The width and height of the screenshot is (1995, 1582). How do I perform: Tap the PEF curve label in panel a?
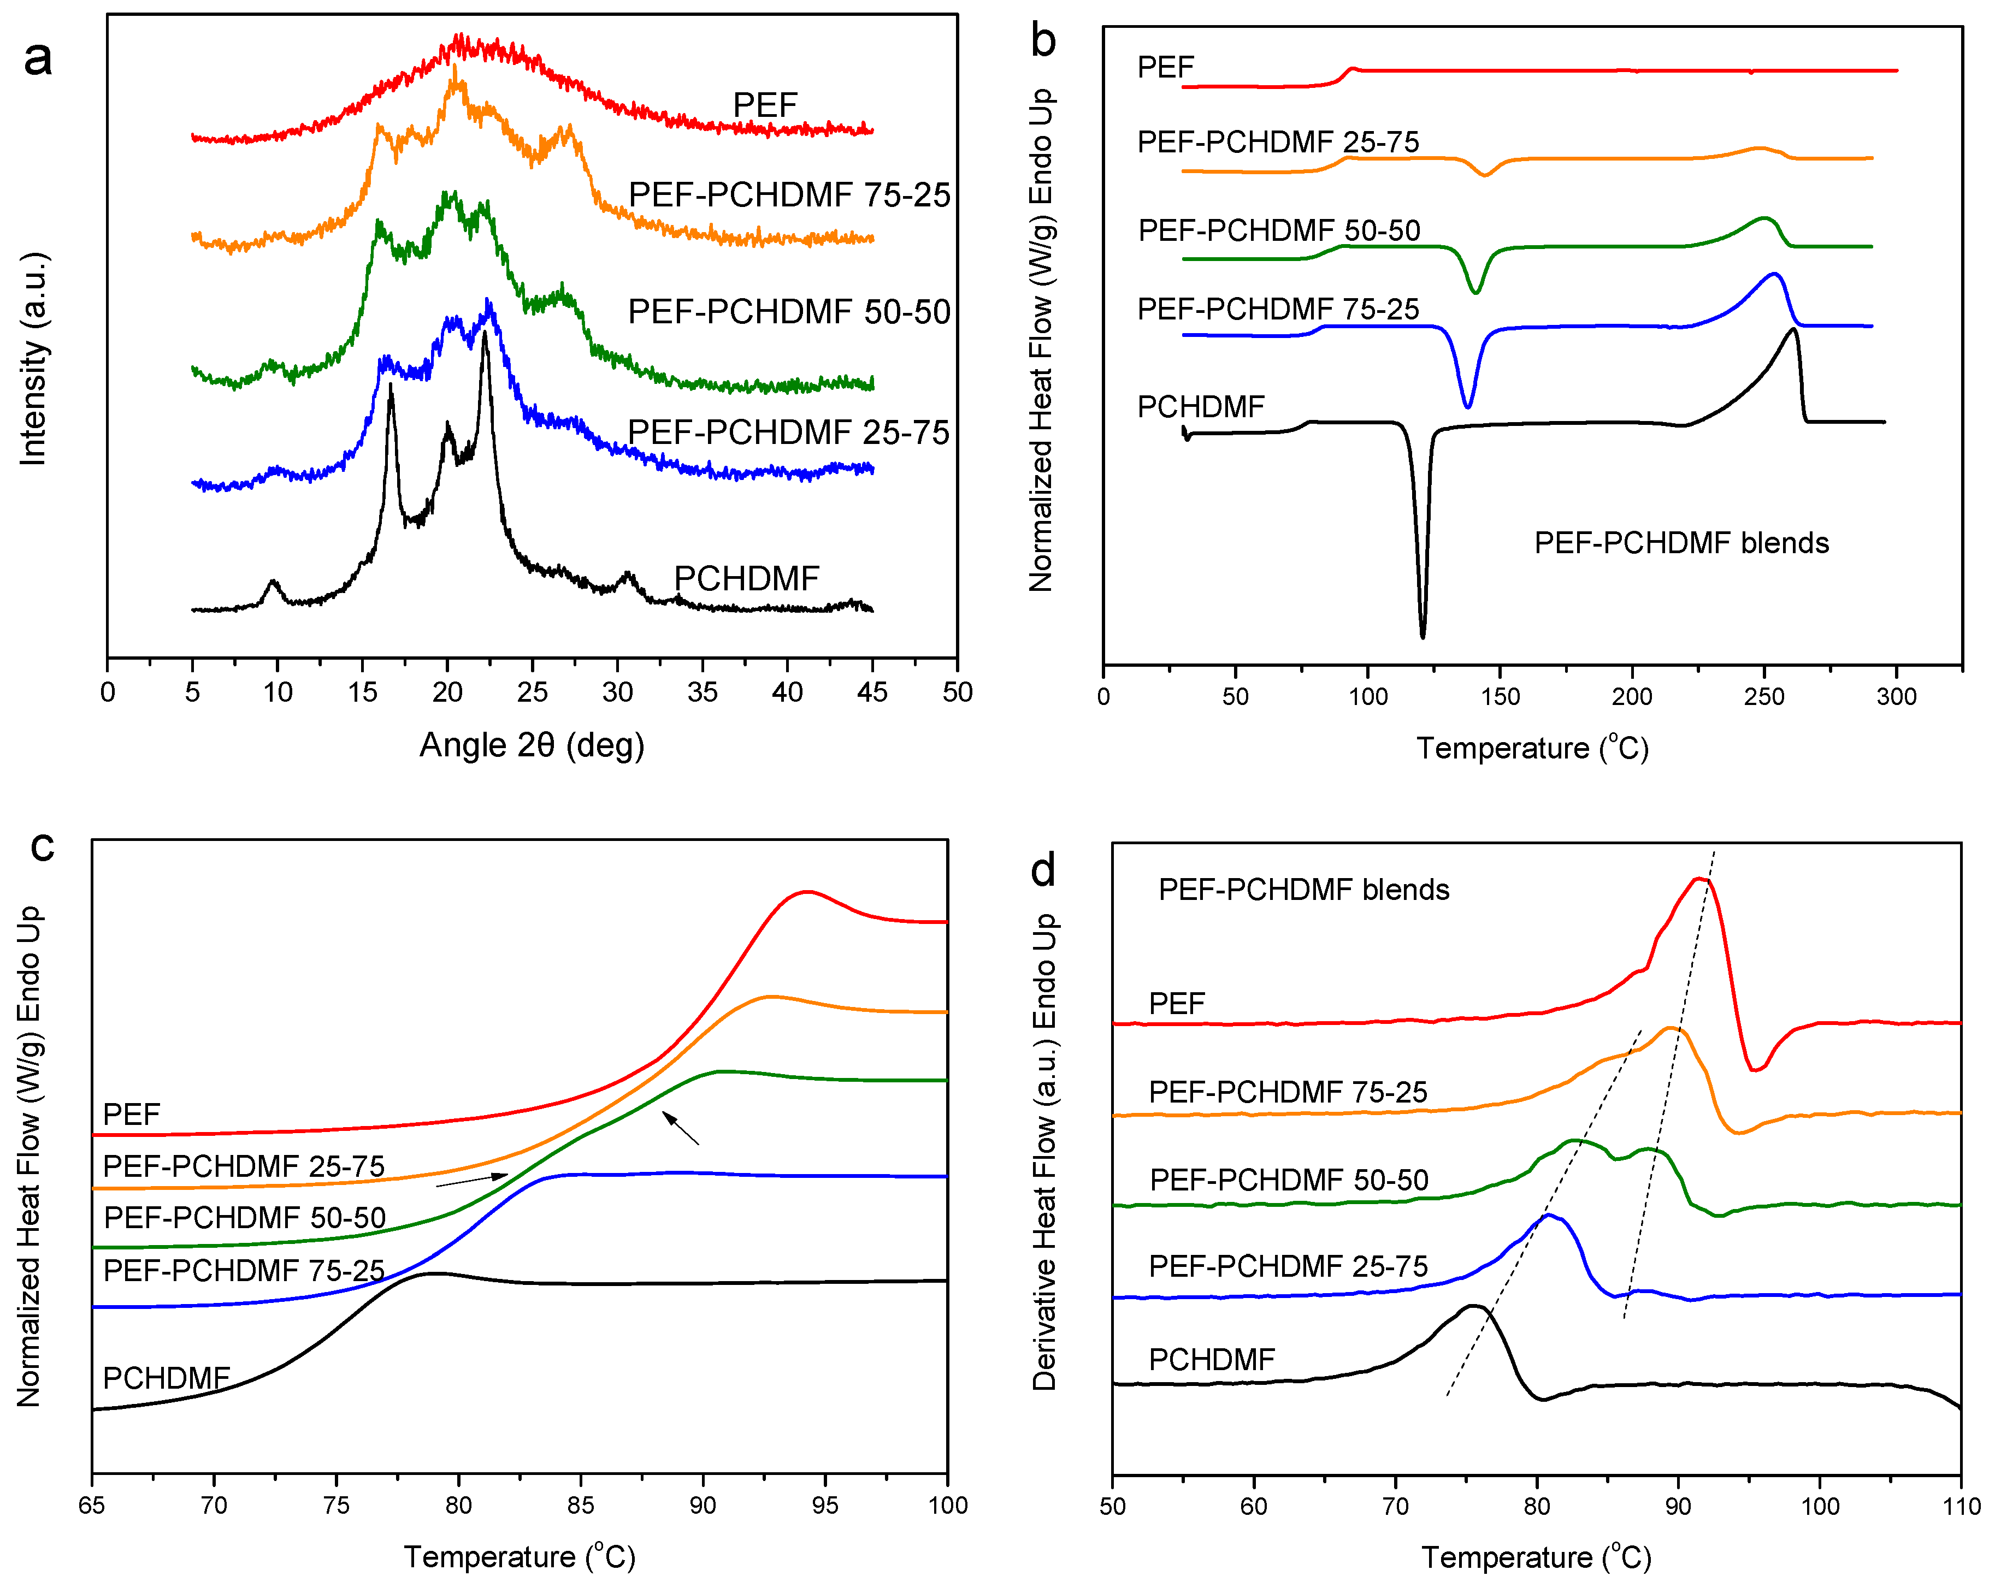[764, 104]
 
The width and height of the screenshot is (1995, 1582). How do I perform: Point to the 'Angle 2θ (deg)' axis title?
[532, 745]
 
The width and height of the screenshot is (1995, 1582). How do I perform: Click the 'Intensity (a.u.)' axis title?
[33, 358]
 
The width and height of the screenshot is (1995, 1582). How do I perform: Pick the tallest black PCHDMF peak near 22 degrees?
[485, 335]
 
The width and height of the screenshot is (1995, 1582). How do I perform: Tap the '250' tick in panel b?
[1764, 697]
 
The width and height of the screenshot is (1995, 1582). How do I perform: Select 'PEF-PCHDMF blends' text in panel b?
[1681, 542]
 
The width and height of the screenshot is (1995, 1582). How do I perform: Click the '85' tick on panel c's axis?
[580, 1505]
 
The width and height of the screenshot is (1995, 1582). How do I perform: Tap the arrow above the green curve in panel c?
[680, 1129]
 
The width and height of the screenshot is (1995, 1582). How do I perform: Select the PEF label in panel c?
[132, 1114]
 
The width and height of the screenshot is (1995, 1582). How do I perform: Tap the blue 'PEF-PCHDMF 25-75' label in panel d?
[1288, 1266]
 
